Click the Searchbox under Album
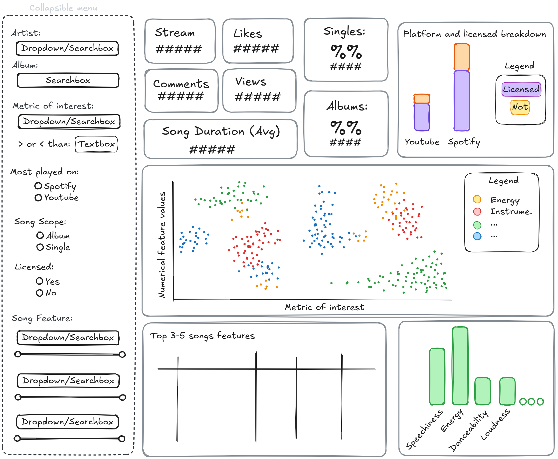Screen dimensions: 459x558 coord(68,80)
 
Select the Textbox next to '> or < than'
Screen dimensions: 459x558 coord(96,144)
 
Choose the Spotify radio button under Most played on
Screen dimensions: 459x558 coord(38,186)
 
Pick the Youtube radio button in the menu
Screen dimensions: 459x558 coord(38,198)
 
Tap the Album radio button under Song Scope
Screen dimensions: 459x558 coord(40,235)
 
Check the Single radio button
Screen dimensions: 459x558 coord(40,247)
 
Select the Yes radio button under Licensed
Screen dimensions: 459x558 coord(39,281)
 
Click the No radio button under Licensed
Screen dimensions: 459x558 coord(39,293)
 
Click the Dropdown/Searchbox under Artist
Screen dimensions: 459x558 coord(67,48)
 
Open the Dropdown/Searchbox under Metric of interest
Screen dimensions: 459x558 coord(69,121)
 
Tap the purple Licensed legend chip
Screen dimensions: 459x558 coord(521,89)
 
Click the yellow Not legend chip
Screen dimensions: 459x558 coord(520,107)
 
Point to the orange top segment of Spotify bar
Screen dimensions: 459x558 coord(462,57)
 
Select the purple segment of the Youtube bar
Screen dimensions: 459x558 coord(422,117)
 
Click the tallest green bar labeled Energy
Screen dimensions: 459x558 coord(460,366)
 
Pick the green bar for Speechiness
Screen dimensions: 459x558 coord(437,376)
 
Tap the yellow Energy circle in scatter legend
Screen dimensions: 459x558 coord(477,199)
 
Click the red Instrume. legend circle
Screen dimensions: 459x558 coord(477,212)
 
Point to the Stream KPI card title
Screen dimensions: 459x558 coord(175,32)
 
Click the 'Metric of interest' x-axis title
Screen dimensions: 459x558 coord(324,307)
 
